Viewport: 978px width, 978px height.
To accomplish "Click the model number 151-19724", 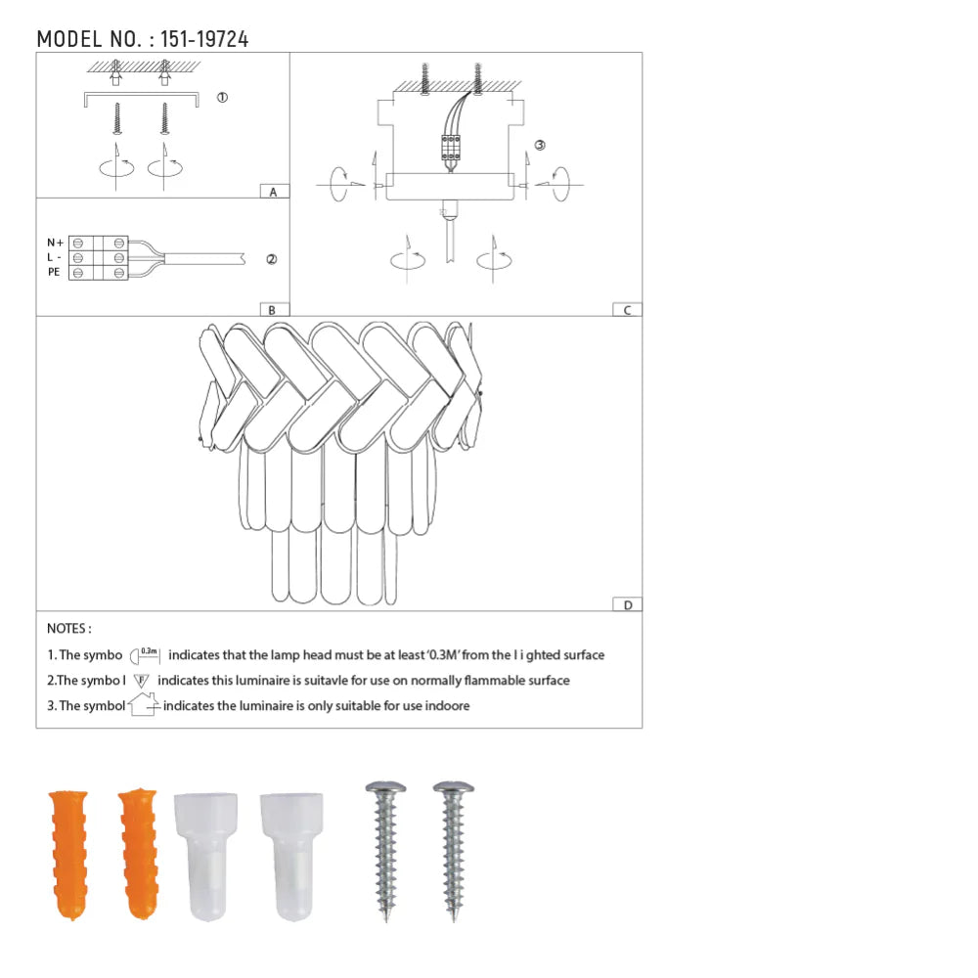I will [203, 39].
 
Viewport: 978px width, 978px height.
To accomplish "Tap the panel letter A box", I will [273, 192].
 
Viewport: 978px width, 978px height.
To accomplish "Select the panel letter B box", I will [273, 310].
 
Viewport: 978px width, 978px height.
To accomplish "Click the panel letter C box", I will [626, 310].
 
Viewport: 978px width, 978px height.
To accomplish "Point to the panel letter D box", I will [626, 604].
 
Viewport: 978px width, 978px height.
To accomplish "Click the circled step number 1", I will [222, 98].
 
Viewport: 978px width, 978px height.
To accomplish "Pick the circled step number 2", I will [271, 259].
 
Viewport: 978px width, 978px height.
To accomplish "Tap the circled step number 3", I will [540, 145].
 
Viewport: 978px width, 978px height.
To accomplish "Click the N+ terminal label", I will [55, 242].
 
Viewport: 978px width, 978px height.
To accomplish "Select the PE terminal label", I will [54, 272].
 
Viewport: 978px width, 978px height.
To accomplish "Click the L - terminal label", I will [55, 256].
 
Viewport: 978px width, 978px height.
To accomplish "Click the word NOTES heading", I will [68, 629].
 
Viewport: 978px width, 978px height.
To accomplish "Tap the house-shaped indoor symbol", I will [143, 705].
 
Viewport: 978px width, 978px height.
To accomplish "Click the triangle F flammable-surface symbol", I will [141, 680].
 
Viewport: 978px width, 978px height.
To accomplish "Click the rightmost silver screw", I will [452, 850].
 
